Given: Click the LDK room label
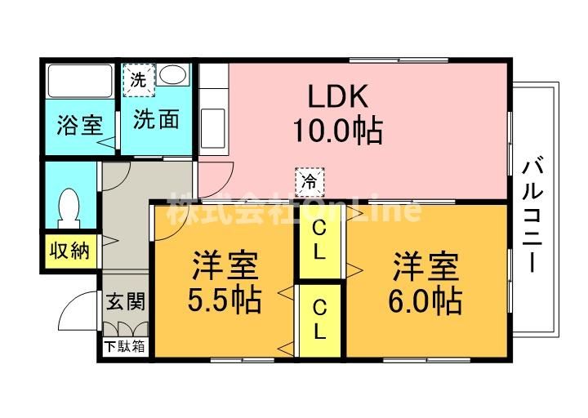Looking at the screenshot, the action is pyautogui.click(x=337, y=96).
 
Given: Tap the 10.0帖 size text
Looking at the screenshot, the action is pyautogui.click(x=337, y=131).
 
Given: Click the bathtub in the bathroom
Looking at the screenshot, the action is pyautogui.click(x=81, y=82).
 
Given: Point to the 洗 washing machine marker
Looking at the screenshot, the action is pyautogui.click(x=139, y=80).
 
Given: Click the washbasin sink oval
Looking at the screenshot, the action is pyautogui.click(x=173, y=74).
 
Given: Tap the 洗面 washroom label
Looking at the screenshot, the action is pyautogui.click(x=156, y=119).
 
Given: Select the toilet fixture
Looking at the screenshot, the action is pyautogui.click(x=69, y=208).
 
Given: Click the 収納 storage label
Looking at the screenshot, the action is pyautogui.click(x=70, y=251).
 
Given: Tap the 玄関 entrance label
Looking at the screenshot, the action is pyautogui.click(x=125, y=301).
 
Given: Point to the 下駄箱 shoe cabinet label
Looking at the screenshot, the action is pyautogui.click(x=124, y=346).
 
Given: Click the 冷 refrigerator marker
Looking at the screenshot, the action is pyautogui.click(x=310, y=182).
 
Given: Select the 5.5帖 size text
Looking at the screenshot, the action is pyautogui.click(x=225, y=300).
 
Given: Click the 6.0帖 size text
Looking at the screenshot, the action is pyautogui.click(x=425, y=300).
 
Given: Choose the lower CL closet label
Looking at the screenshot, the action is pyautogui.click(x=319, y=320).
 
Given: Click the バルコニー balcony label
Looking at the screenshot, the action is pyautogui.click(x=532, y=216).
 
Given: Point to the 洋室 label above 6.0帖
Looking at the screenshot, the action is pyautogui.click(x=425, y=267).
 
